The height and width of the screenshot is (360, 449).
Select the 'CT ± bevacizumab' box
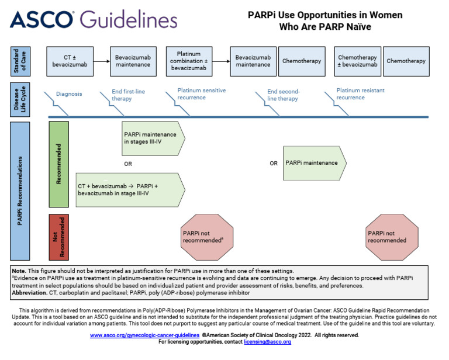coord(70,61)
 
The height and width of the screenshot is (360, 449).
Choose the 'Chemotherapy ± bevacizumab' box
coord(357,61)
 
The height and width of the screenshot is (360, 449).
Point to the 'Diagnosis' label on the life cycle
coord(69,94)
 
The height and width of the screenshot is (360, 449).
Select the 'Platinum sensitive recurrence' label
coord(201,94)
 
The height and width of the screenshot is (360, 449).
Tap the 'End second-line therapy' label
coord(284,95)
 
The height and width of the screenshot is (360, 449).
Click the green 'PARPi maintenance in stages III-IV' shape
coord(152,138)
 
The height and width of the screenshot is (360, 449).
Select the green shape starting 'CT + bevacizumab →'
coord(130,189)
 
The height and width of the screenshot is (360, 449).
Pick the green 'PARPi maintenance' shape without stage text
coord(314,163)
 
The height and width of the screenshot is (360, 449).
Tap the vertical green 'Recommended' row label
coord(58,164)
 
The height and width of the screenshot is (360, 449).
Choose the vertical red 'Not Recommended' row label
coord(58,237)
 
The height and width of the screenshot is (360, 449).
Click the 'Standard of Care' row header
coord(20,61)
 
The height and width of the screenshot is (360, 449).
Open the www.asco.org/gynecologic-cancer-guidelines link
coord(144,335)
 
